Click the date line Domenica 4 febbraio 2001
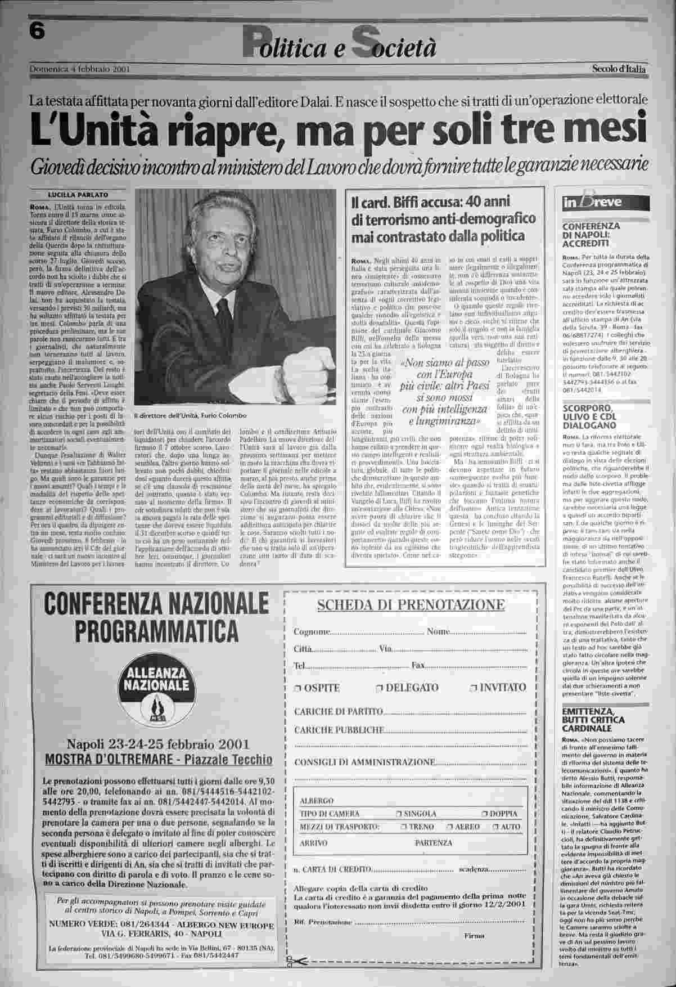pos(80,70)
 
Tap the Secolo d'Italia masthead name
pos(619,69)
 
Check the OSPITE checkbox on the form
pos(298,688)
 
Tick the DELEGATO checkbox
pos(380,688)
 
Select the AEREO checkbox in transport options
pos(449,827)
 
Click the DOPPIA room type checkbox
pos(485,814)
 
